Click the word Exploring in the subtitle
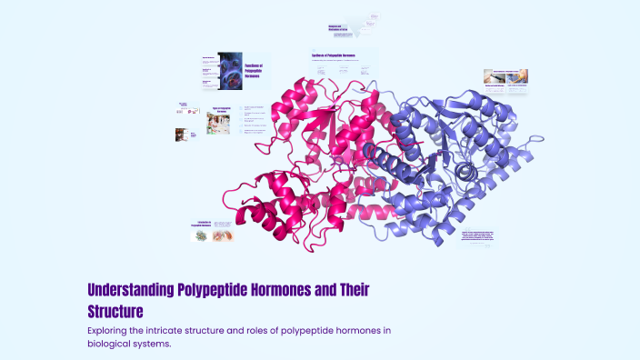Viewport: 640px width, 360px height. click(x=111, y=330)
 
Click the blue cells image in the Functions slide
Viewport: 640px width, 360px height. click(x=229, y=72)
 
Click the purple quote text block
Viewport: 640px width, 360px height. click(x=478, y=237)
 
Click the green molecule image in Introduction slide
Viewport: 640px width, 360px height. click(x=200, y=236)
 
